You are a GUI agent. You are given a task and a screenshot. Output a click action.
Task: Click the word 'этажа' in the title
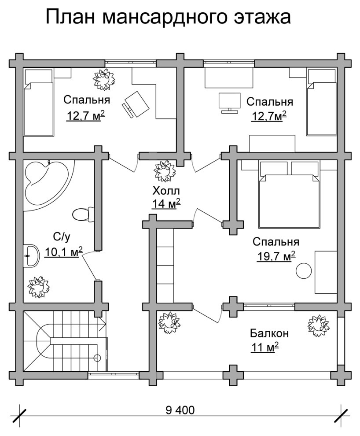262,17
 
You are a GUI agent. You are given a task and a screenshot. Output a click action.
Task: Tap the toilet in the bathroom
83,214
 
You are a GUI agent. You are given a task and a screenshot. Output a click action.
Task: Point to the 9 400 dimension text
180,410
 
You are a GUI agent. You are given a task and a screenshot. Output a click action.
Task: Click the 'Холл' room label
166,191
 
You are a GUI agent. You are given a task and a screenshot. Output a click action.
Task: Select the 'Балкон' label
269,333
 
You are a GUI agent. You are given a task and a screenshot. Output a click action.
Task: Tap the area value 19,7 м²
276,256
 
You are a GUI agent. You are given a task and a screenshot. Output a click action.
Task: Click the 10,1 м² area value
64,252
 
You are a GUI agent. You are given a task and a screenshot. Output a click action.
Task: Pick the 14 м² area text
166,204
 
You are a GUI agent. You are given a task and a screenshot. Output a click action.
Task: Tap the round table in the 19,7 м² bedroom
304,270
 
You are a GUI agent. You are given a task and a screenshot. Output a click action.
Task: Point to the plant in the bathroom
39,287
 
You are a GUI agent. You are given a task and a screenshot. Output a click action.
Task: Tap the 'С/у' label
62,237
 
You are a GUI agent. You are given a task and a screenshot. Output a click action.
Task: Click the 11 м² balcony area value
265,347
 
